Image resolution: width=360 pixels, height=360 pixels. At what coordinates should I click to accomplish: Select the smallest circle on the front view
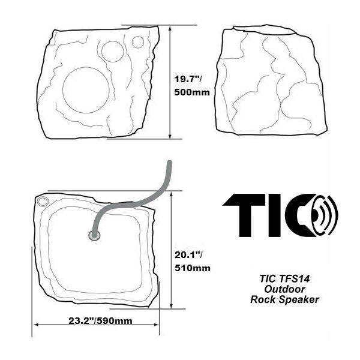(x=138, y=42)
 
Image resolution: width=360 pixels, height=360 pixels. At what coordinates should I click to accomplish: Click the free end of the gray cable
(x=171, y=163)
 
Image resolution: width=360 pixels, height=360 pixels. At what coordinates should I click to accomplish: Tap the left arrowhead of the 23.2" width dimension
(x=35, y=325)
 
